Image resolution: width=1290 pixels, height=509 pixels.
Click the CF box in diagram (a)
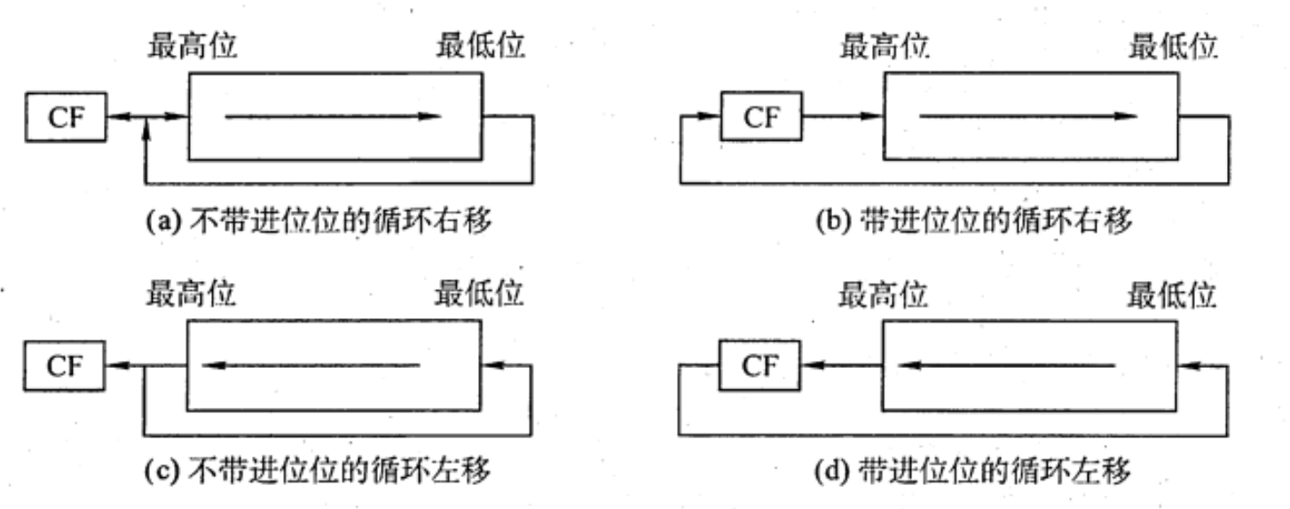[x=65, y=118]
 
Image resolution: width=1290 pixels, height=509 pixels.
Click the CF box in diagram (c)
[x=65, y=365]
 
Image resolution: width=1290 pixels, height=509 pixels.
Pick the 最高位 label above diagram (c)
[x=192, y=294]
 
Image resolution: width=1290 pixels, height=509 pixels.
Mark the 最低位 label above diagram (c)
[x=480, y=294]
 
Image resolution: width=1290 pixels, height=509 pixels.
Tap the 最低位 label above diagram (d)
[x=1172, y=294]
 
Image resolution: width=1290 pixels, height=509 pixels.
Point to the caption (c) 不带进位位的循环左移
[x=319, y=471]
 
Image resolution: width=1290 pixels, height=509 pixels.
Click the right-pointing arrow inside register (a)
[x=334, y=116]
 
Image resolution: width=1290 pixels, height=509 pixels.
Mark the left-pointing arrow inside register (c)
[x=311, y=364]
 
